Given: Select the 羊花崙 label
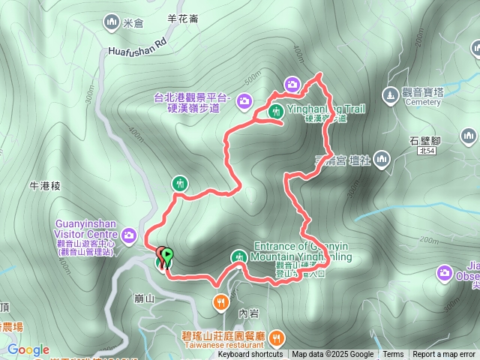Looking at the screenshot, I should coord(183,19).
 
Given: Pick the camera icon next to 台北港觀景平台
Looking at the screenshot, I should coord(244,100).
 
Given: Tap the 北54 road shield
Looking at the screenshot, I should coord(427,151).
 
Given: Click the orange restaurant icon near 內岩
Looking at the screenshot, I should coord(220,302).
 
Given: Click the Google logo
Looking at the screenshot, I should coord(28,349).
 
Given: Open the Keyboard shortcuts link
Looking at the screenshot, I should coord(250,355).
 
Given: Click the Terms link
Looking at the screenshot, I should coord(393,355).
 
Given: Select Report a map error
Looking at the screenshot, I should coord(444,355).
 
